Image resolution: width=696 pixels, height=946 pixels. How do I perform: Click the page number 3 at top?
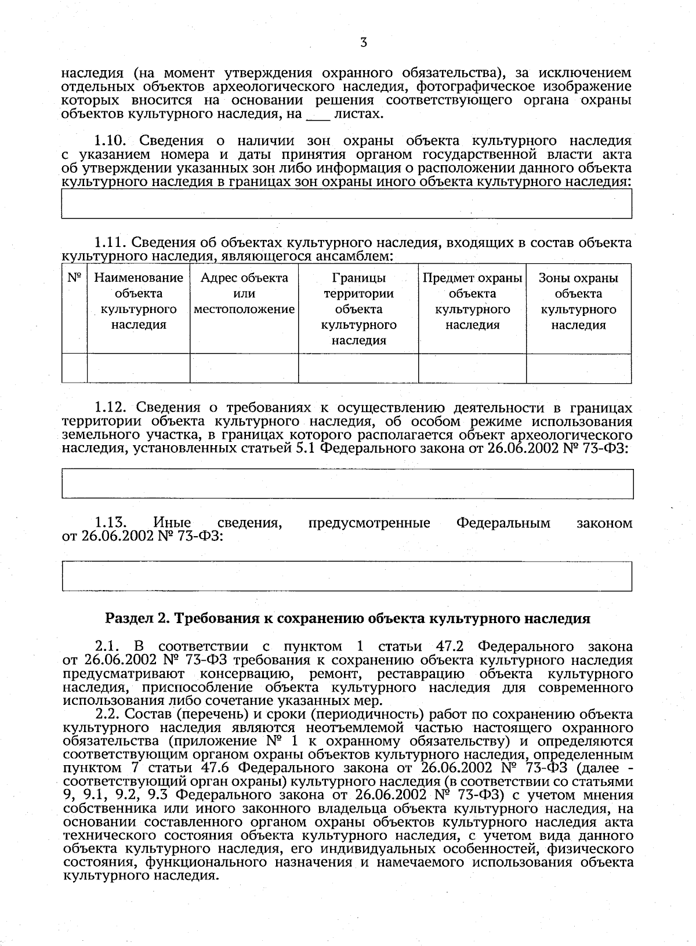point(363,42)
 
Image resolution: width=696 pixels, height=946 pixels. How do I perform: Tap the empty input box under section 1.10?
point(346,203)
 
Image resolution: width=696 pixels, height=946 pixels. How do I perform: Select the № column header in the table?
point(74,278)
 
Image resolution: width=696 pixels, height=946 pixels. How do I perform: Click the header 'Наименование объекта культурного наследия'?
point(139,301)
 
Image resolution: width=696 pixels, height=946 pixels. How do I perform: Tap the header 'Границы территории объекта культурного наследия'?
point(358,309)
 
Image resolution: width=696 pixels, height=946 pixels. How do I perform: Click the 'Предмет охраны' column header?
point(472,301)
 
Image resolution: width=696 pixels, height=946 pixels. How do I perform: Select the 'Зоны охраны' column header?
point(578,301)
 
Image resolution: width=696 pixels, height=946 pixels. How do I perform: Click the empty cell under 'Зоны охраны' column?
point(578,368)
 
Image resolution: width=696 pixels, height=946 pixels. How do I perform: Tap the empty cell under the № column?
point(74,368)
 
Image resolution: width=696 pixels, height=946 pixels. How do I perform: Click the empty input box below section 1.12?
point(347,484)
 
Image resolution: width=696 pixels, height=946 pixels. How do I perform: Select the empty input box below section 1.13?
point(347,576)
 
